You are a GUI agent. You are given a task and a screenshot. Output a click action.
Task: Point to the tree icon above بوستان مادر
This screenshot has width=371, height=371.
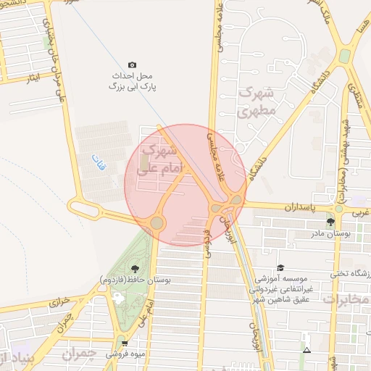pos(331,222)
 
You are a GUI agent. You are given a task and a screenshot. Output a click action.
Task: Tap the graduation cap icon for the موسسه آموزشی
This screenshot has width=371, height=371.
pos(280,267)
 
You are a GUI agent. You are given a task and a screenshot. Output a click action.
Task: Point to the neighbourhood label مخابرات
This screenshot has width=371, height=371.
pos(346,299)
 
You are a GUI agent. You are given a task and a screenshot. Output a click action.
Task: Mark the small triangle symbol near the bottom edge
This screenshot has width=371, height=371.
pos(307,351)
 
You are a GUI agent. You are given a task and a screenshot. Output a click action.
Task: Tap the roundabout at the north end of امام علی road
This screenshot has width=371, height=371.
pos(157,222)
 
